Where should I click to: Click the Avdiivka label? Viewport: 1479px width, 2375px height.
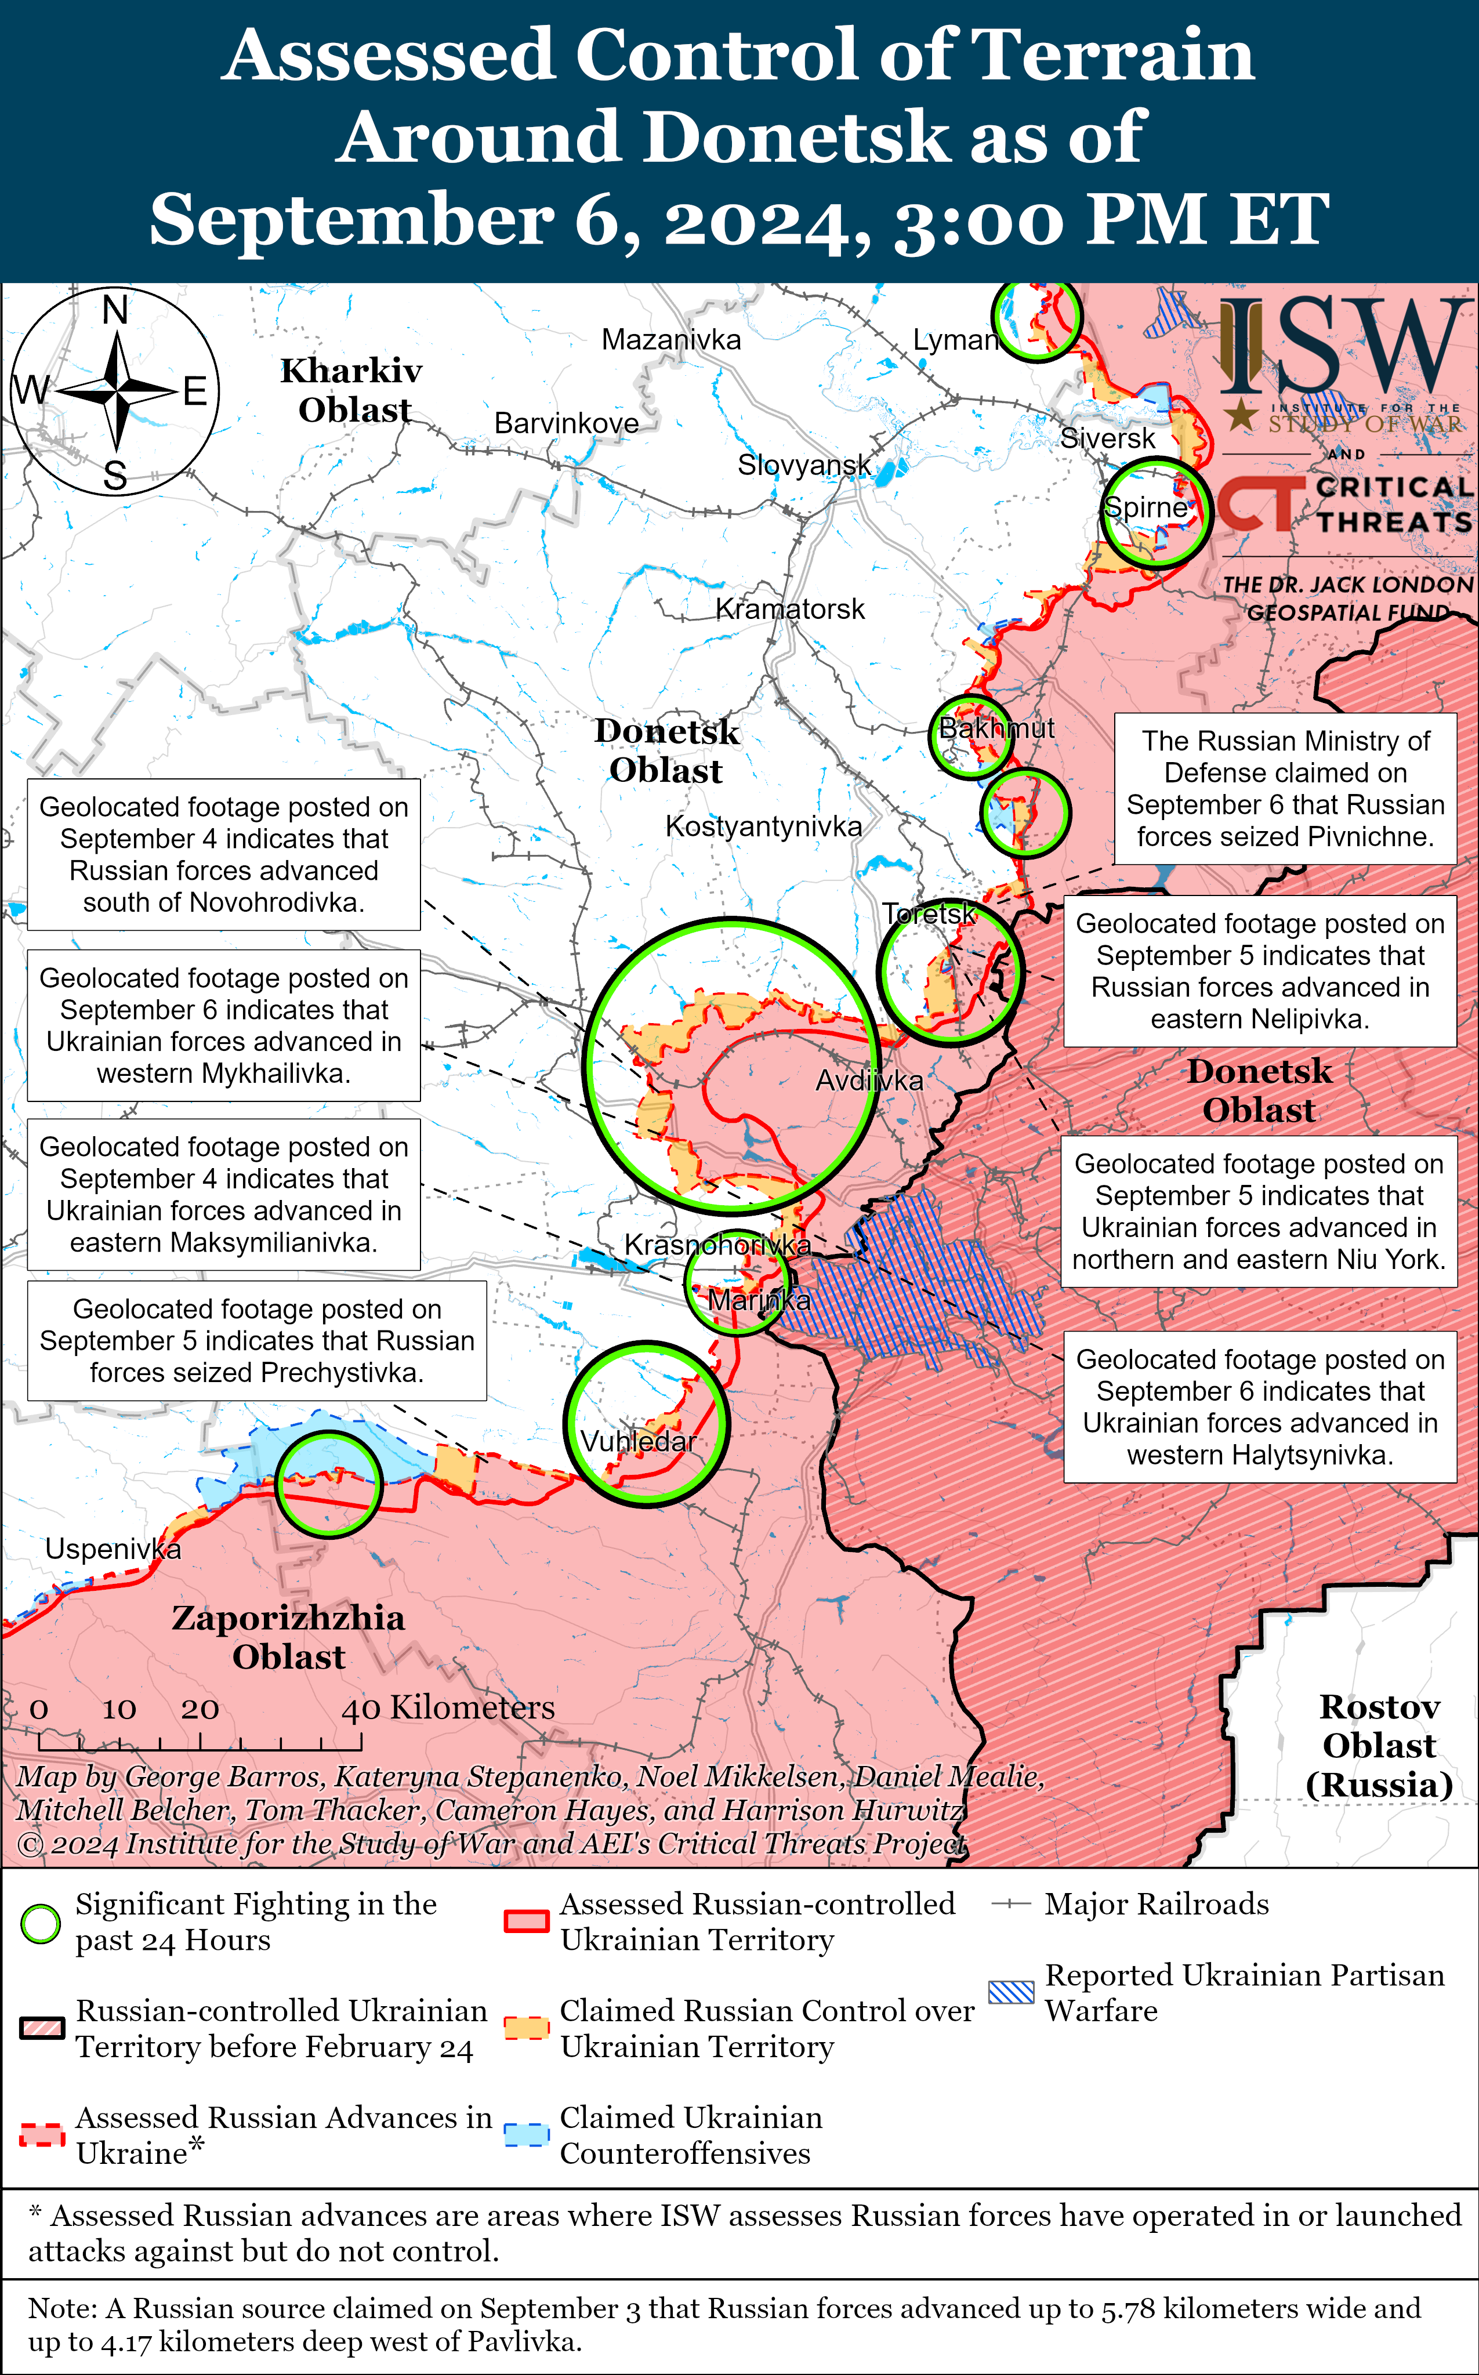click(869, 1081)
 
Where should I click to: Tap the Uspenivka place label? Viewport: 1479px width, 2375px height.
click(113, 1550)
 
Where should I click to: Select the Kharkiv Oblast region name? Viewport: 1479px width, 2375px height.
click(352, 390)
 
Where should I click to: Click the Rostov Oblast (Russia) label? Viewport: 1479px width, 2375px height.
click(1379, 1746)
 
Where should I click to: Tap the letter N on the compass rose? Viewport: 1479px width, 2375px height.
click(115, 310)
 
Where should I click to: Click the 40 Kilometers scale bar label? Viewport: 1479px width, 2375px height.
click(448, 1708)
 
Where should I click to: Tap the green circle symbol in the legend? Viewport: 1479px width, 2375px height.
click(41, 1923)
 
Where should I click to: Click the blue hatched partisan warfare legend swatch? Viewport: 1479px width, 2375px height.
click(1010, 1993)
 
